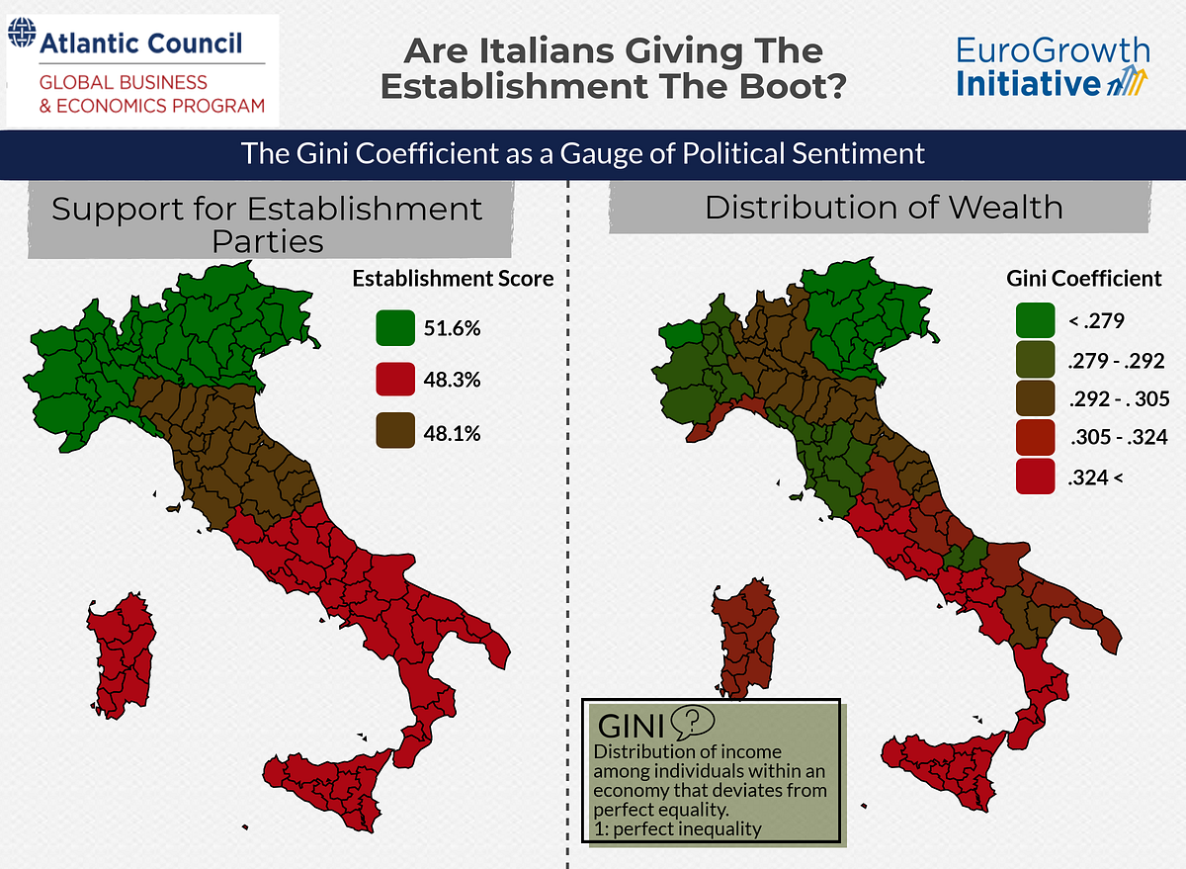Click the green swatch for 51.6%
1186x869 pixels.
pyautogui.click(x=394, y=328)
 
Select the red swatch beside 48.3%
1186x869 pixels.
pyautogui.click(x=394, y=380)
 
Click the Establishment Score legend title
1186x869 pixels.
pyautogui.click(x=453, y=280)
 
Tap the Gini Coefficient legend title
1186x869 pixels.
pyautogui.click(x=1084, y=279)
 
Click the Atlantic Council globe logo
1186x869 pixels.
pyautogui.click(x=20, y=41)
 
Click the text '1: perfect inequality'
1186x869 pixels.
pyautogui.click(x=677, y=828)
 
